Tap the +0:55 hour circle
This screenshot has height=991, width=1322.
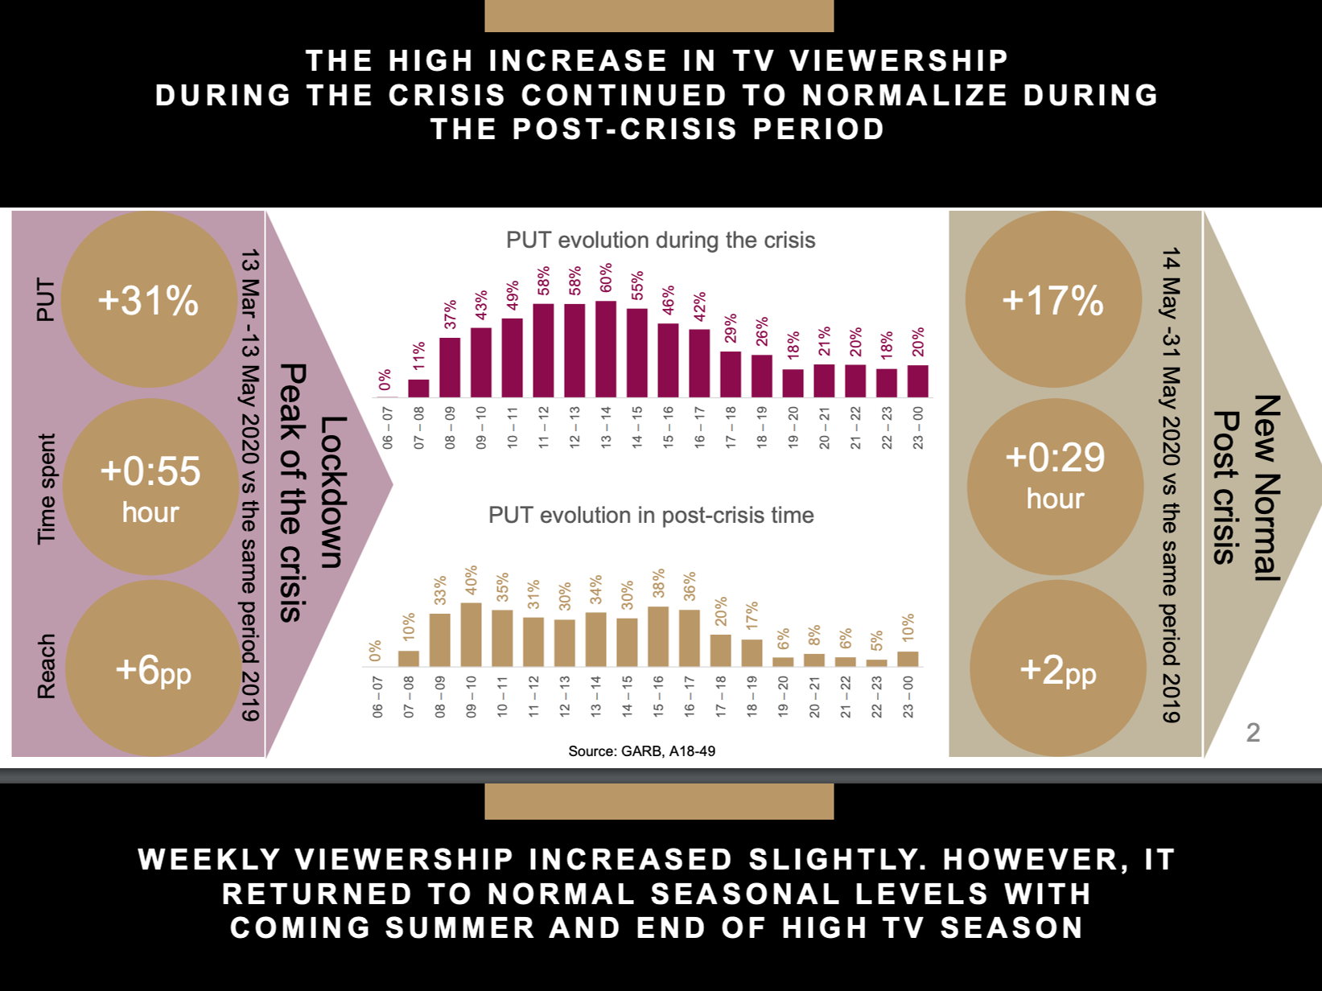(x=150, y=487)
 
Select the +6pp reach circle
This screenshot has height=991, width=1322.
(x=153, y=668)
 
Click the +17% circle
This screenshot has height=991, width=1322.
(x=1052, y=299)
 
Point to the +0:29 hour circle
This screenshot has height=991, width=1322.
(x=1055, y=487)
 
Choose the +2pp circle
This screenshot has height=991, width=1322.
(x=1057, y=668)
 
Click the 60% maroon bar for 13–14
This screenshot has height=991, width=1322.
(x=606, y=349)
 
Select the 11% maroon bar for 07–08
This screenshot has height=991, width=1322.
(x=418, y=388)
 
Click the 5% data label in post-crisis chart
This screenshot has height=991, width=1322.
(x=877, y=640)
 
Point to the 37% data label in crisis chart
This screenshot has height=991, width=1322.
(x=451, y=315)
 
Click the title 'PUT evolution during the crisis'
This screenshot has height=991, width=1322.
(x=661, y=240)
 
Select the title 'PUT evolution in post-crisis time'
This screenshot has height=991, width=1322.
(x=651, y=515)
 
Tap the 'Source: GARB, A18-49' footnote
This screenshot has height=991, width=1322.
(x=641, y=750)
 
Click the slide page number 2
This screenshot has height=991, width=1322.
(x=1253, y=732)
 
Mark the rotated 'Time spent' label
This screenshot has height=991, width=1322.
(x=47, y=488)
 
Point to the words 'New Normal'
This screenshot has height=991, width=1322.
(x=1266, y=487)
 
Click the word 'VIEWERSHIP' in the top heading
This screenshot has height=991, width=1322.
(x=899, y=60)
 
